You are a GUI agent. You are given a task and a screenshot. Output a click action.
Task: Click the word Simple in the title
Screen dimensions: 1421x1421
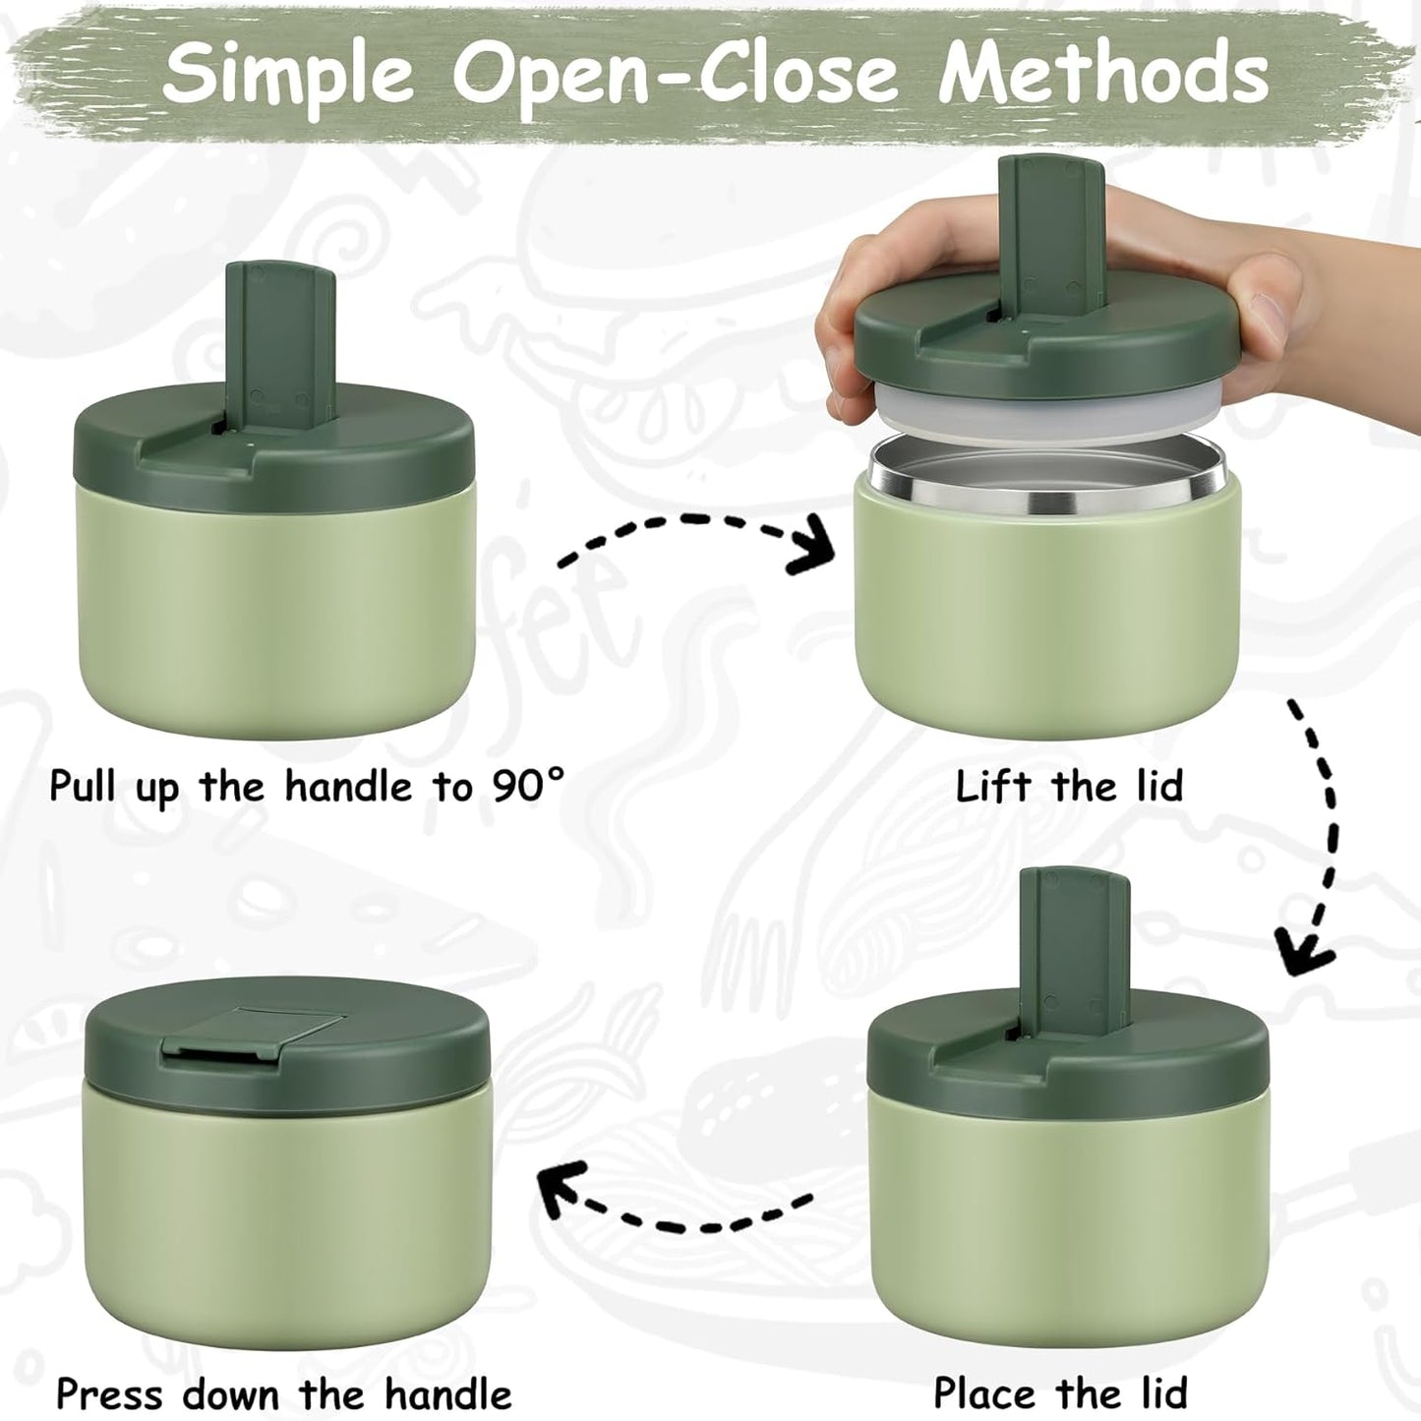click(287, 73)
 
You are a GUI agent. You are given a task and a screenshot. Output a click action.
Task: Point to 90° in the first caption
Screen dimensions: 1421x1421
click(528, 786)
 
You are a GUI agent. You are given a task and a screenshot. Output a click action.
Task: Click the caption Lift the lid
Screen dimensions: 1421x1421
click(1069, 786)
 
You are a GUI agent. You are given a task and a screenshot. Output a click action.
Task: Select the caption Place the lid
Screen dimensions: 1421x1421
click(1060, 1392)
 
